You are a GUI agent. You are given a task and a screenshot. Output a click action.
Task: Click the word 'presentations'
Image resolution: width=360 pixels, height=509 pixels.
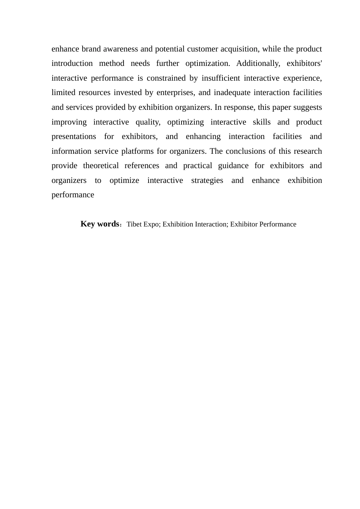tap(74, 137)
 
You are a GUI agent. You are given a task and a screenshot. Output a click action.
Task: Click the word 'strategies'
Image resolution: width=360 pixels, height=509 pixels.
tap(207, 181)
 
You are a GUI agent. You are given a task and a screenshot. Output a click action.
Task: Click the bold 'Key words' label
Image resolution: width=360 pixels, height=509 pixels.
tap(100, 224)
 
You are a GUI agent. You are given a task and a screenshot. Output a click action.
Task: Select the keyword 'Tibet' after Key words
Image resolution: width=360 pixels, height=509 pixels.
tap(133, 225)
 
